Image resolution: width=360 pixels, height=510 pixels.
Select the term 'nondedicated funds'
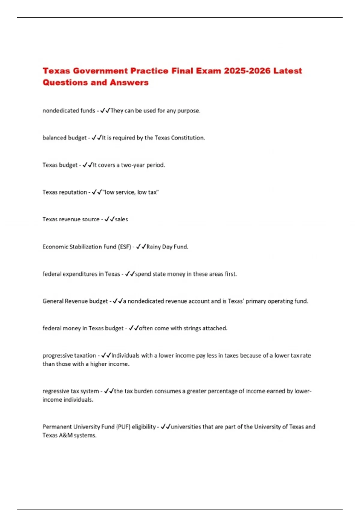69,111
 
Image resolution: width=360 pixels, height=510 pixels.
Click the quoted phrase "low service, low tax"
131,192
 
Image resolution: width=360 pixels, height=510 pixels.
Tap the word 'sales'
121,219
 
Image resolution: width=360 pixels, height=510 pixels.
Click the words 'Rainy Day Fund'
167,247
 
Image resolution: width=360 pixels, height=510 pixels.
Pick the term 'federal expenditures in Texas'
81,274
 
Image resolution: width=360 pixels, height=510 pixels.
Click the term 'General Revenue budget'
75,301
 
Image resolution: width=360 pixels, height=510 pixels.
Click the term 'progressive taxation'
69,355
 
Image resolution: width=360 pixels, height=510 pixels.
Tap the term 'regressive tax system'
70,391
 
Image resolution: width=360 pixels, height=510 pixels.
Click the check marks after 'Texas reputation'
97,192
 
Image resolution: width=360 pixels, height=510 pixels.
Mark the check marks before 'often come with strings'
133,328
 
